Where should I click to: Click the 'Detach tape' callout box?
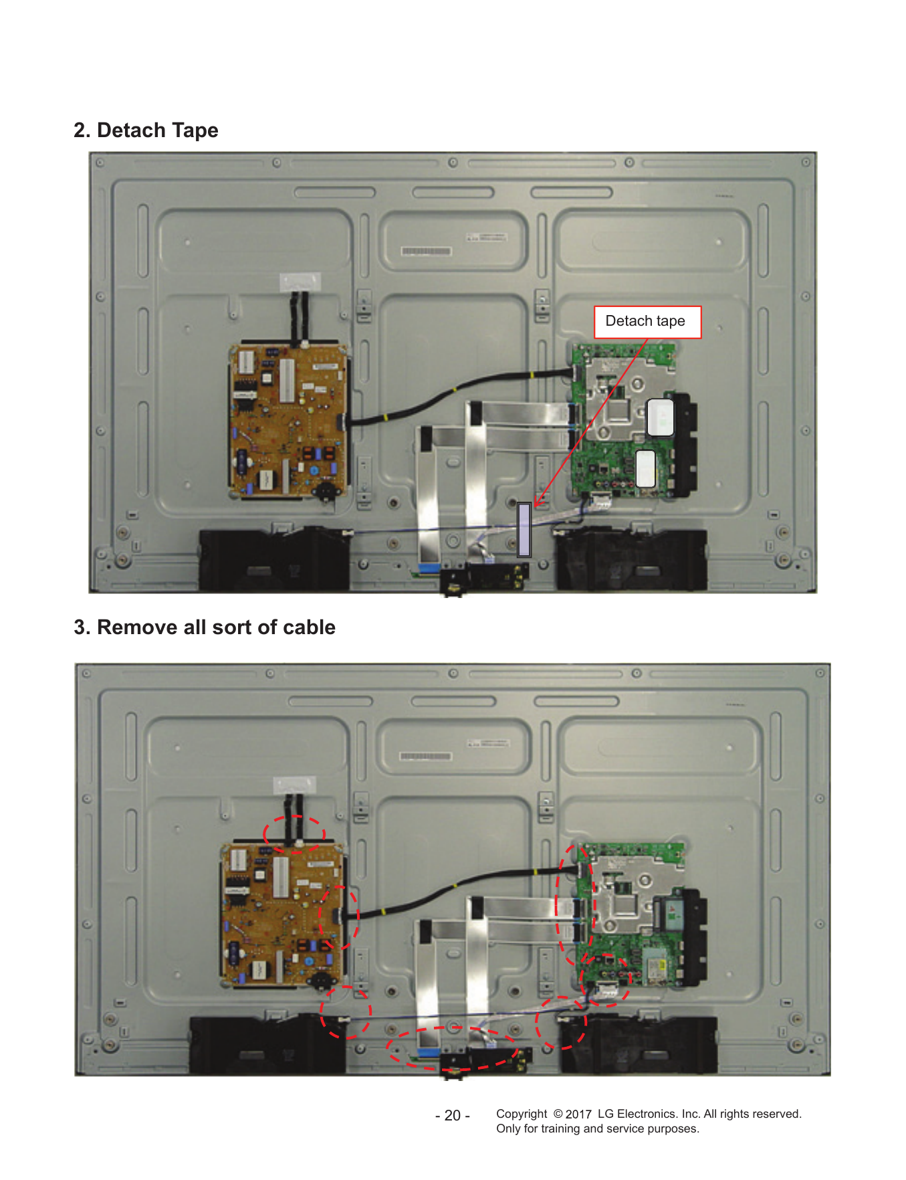pyautogui.click(x=647, y=322)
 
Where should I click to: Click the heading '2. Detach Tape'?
pyautogui.click(x=146, y=130)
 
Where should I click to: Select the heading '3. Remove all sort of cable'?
pyautogui.click(x=205, y=627)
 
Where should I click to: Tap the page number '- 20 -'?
pyautogui.click(x=452, y=1115)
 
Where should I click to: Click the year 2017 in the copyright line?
pyautogui.click(x=578, y=1114)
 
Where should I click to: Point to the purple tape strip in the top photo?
pyautogui.click(x=524, y=530)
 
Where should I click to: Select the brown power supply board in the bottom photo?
pyautogui.click(x=281, y=916)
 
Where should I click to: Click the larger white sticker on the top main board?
pyautogui.click(x=660, y=417)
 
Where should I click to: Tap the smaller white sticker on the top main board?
pyautogui.click(x=645, y=468)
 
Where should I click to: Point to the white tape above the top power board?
pyautogui.click(x=300, y=282)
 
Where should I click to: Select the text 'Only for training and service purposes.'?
pyautogui.click(x=598, y=1129)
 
